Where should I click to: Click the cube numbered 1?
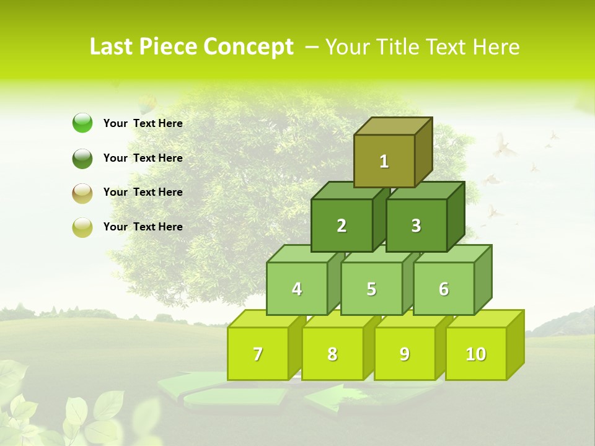click(x=384, y=161)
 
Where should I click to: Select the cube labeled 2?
click(x=342, y=225)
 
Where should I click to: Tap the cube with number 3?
click(x=416, y=225)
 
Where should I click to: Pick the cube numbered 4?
click(x=297, y=289)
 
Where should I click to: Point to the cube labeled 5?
click(x=371, y=289)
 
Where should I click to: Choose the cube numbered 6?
click(x=444, y=289)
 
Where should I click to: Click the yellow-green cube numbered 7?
click(x=258, y=354)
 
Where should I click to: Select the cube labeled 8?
click(x=332, y=354)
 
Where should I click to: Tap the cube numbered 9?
click(x=404, y=354)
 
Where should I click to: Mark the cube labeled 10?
click(x=475, y=354)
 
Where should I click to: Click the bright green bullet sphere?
click(x=82, y=123)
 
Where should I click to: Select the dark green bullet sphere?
click(x=82, y=158)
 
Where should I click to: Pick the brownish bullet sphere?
click(x=82, y=193)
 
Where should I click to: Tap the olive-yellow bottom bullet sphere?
click(x=82, y=227)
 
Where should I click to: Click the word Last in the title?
click(x=112, y=46)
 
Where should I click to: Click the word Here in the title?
click(x=496, y=46)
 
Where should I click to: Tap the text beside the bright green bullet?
click(x=143, y=123)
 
